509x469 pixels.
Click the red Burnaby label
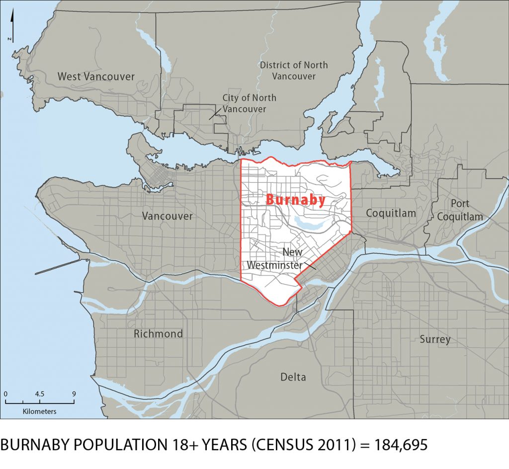pyautogui.click(x=295, y=200)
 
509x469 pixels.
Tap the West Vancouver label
pyautogui.click(x=96, y=77)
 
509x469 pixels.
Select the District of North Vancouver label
pyautogui.click(x=294, y=71)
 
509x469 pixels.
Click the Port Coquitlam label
pyautogui.click(x=459, y=210)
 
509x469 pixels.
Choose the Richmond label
pyautogui.click(x=158, y=334)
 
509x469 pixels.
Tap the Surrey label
pyautogui.click(x=435, y=339)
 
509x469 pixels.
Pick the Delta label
pyautogui.click(x=293, y=377)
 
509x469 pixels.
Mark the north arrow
pyautogui.click(x=13, y=27)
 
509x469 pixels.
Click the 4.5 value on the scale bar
pyautogui.click(x=39, y=393)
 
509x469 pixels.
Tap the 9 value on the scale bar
pyautogui.click(x=74, y=393)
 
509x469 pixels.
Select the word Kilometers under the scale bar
pyautogui.click(x=39, y=411)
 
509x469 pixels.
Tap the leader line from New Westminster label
pyautogui.click(x=309, y=266)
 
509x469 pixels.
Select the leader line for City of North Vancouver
pyautogui.click(x=215, y=114)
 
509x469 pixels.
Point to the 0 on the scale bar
pyautogui.click(x=5, y=393)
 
